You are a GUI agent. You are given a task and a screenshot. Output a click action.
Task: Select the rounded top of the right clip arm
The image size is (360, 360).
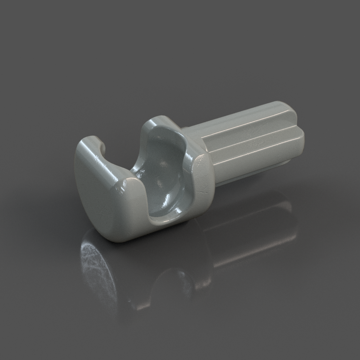[x=159, y=121]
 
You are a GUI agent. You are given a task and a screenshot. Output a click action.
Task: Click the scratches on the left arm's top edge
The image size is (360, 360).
[x=103, y=162]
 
